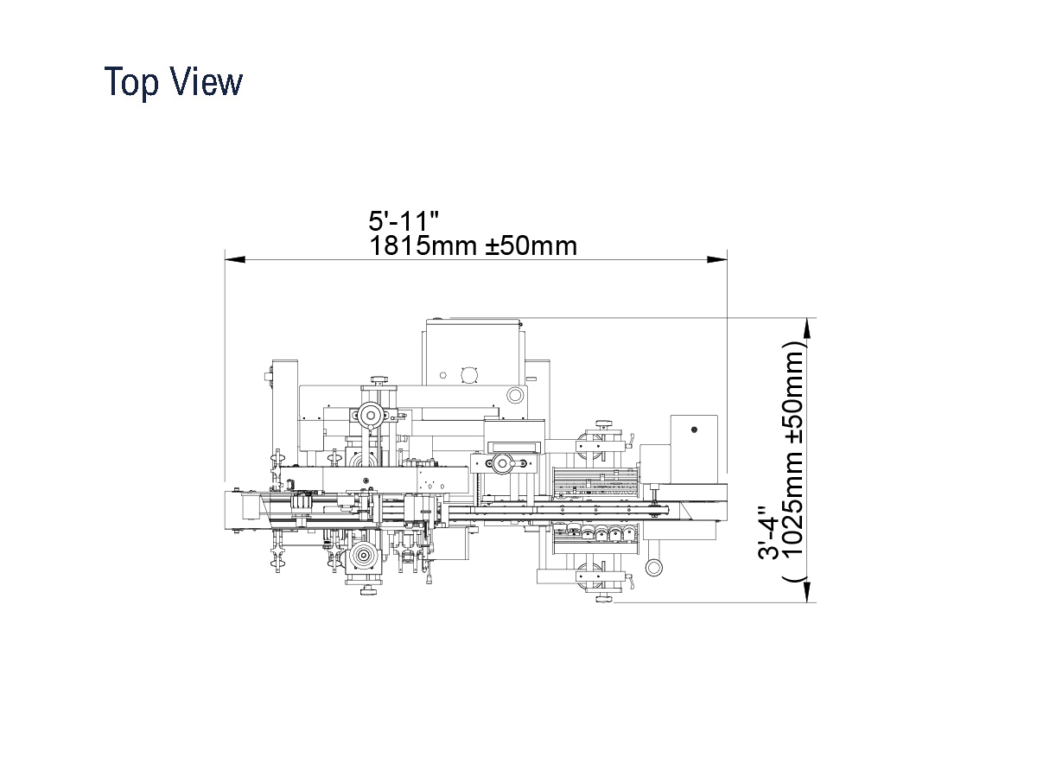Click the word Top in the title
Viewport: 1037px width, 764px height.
click(131, 82)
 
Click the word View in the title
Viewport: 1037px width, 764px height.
click(207, 81)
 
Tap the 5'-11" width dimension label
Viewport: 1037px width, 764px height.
click(404, 221)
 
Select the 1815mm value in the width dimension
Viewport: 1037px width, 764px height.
click(423, 245)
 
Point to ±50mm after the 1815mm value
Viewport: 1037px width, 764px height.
click(531, 245)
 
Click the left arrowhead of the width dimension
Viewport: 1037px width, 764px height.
click(235, 260)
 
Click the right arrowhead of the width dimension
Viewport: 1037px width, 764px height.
click(717, 260)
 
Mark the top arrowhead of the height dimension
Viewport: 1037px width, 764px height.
click(807, 328)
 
